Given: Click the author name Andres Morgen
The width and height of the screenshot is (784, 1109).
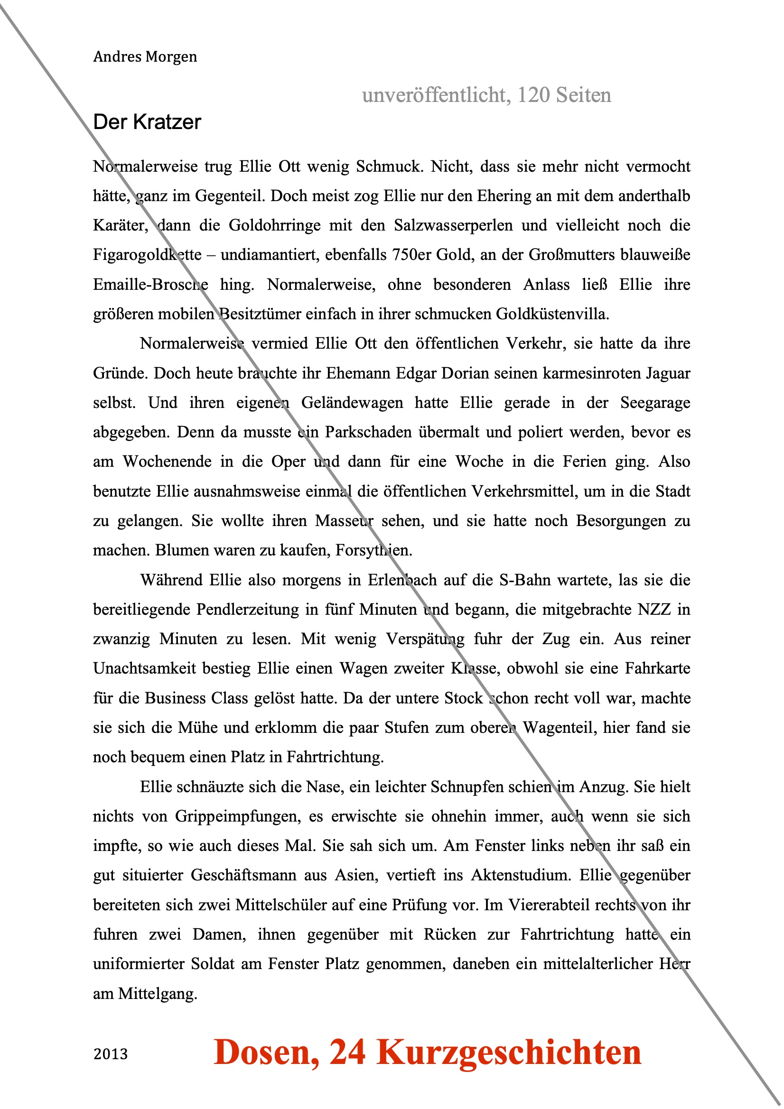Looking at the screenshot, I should pos(145,57).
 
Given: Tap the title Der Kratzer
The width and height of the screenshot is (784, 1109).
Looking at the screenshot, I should pos(147,122).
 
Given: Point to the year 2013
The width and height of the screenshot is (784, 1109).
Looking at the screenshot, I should pos(111,1054).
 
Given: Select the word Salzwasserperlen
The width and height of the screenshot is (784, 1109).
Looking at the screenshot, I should pos(453,226).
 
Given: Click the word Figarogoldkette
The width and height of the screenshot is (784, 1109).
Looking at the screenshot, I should pos(147,255).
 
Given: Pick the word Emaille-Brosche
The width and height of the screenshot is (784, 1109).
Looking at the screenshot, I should pos(150,285).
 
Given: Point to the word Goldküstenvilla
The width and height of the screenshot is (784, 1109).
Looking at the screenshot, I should pos(552,314).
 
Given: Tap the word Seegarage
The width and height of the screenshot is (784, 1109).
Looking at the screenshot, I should pos(655,403).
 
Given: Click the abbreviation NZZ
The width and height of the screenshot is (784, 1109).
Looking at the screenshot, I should pos(654,610).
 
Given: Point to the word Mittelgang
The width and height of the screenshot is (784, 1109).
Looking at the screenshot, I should pos(158,994).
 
